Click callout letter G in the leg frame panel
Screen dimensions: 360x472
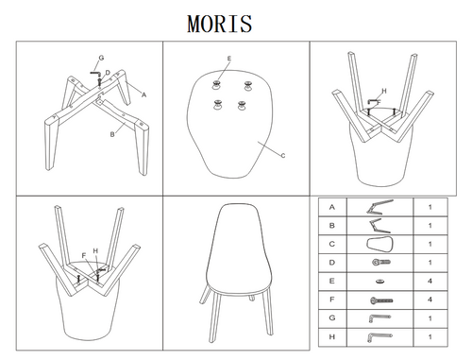click(101, 59)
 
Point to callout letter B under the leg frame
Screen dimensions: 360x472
click(111, 135)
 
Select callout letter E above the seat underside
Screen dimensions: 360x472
click(228, 59)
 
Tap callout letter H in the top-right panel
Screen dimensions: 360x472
click(384, 91)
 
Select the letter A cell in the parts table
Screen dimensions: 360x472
click(332, 206)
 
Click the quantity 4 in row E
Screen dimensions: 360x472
click(430, 280)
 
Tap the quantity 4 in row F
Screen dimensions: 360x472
click(430, 299)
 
